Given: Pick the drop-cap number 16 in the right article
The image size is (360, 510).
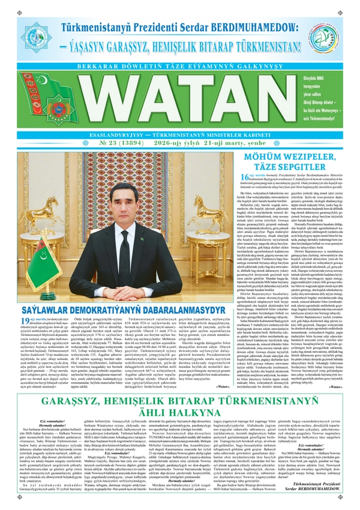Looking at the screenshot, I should coord(244,160).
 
